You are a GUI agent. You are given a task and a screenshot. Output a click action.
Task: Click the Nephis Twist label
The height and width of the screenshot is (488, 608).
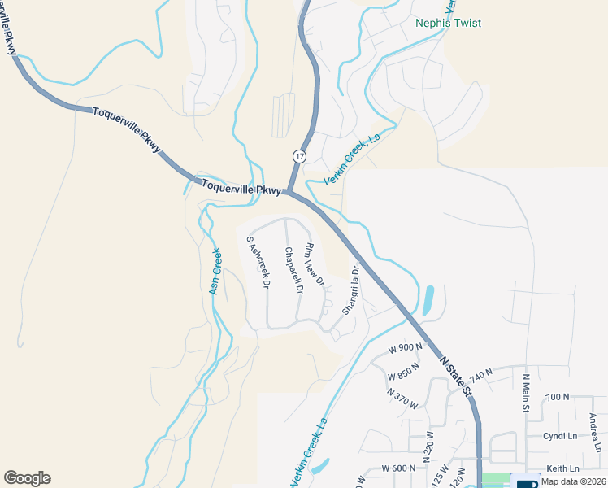pyautogui.click(x=448, y=24)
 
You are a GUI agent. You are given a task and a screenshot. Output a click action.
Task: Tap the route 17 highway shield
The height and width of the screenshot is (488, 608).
pyautogui.click(x=300, y=155)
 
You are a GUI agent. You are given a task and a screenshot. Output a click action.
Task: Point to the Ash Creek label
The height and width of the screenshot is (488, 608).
pyautogui.click(x=215, y=271)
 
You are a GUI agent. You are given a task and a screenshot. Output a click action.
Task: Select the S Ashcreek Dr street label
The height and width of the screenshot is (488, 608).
pyautogui.click(x=258, y=263)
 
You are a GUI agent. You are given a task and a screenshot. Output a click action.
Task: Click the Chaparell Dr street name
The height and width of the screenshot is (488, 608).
pyautogui.click(x=293, y=271)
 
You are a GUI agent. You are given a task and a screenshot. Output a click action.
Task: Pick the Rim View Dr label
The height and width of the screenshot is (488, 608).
pyautogui.click(x=314, y=265)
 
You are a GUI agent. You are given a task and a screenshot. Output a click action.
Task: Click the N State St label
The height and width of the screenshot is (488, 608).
pyautogui.click(x=457, y=374)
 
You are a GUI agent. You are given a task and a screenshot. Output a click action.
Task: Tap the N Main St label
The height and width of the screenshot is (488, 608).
pyautogui.click(x=526, y=393)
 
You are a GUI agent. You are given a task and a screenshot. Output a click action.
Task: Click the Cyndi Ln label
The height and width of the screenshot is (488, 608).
pyautogui.click(x=558, y=435)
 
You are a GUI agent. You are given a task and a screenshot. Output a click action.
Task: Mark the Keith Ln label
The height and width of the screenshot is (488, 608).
pyautogui.click(x=562, y=468)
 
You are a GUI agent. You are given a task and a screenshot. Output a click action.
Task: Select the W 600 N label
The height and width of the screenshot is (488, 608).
pyautogui.click(x=398, y=468)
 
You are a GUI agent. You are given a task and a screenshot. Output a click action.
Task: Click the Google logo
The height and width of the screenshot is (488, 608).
pyautogui.click(x=27, y=478)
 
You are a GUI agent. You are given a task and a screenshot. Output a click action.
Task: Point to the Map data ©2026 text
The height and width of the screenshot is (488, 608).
pyautogui.click(x=573, y=481)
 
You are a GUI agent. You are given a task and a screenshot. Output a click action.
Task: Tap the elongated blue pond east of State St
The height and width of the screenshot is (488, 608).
pyautogui.click(x=428, y=299)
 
